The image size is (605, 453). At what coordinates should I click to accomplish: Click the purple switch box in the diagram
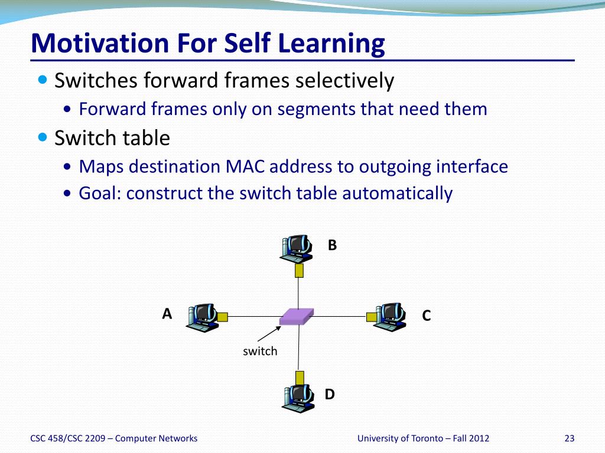coord(297,316)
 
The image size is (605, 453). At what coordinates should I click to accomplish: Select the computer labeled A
coord(202,318)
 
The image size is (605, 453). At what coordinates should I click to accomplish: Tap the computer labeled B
coord(296,249)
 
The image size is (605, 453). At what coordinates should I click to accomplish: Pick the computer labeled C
coord(390,317)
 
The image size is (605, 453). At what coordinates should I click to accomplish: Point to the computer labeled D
coord(298,398)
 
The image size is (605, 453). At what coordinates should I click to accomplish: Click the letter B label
coord(332,245)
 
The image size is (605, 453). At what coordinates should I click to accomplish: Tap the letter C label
coord(427,316)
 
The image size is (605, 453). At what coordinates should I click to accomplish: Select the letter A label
coord(167,314)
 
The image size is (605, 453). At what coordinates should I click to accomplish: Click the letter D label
coord(330,394)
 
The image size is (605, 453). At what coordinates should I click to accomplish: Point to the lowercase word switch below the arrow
coord(260,351)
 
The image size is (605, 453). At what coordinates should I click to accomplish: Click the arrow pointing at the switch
coord(269,334)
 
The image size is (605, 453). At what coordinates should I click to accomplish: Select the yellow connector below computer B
coord(299,270)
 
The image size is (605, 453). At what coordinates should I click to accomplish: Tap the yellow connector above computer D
coord(300,378)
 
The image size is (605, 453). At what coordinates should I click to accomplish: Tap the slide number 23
coord(570,438)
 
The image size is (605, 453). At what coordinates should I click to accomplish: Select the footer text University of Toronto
coord(400,438)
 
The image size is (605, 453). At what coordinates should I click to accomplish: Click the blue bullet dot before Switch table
coord(43,137)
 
